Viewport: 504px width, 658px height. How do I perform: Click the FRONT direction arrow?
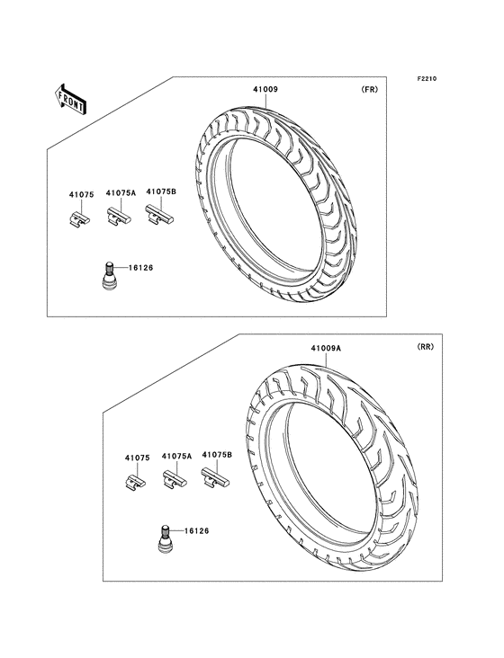(x=70, y=100)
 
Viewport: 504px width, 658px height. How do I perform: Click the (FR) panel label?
(x=369, y=89)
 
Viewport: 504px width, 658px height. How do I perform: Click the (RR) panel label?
(x=425, y=347)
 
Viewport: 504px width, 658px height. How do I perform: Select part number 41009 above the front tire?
(x=265, y=89)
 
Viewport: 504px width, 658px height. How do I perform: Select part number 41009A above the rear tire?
(x=326, y=348)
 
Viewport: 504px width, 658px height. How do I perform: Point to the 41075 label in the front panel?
(x=82, y=195)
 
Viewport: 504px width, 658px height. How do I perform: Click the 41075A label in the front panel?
(x=121, y=193)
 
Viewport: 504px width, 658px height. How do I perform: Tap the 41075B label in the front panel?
(x=161, y=191)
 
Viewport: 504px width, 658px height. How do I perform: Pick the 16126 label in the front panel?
(x=140, y=268)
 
